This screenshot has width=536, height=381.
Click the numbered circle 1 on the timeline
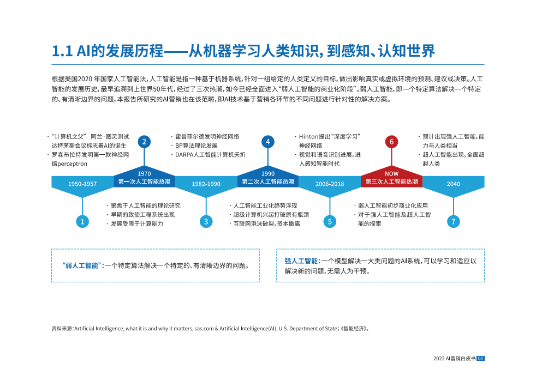click(82, 221)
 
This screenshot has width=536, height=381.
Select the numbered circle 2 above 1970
click(144, 142)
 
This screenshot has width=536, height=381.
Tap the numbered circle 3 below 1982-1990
click(206, 221)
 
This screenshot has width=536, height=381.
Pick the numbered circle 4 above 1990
click(268, 142)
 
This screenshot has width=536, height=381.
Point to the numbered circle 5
click(330, 221)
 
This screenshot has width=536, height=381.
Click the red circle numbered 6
click(391, 142)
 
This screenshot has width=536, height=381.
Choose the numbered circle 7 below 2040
click(454, 221)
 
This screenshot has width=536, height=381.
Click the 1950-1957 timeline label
click(82, 184)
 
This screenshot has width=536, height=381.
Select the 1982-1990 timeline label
click(206, 184)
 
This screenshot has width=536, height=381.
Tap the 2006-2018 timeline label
click(330, 184)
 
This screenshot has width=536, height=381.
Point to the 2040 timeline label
click(454, 184)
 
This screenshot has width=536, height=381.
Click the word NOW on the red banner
click(391, 174)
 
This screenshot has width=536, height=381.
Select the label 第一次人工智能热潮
click(144, 182)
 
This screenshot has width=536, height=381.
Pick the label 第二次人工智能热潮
click(268, 182)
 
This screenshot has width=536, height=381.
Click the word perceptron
click(73, 163)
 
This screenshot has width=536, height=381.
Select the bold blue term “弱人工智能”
click(83, 265)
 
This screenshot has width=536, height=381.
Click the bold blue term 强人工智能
click(302, 261)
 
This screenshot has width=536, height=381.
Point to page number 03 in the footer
click(480, 358)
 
